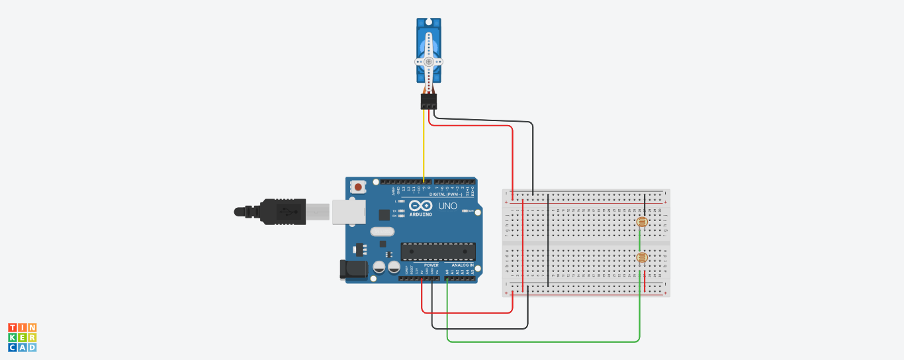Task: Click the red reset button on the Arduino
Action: coord(358,187)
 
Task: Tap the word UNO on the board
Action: coord(448,206)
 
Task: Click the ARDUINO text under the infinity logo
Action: coord(420,214)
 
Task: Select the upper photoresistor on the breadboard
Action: coord(641,222)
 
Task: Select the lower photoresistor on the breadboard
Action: coord(641,258)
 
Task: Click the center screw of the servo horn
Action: coord(428,62)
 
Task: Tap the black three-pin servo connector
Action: coord(428,101)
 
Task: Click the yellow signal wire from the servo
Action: coord(424,146)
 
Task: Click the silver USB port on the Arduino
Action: coord(344,211)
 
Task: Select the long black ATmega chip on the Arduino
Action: coord(437,251)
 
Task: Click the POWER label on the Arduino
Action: coord(431,265)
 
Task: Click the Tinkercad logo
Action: coord(23,337)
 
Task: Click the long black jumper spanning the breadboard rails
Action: coord(549,242)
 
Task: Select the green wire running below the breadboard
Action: coord(543,341)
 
